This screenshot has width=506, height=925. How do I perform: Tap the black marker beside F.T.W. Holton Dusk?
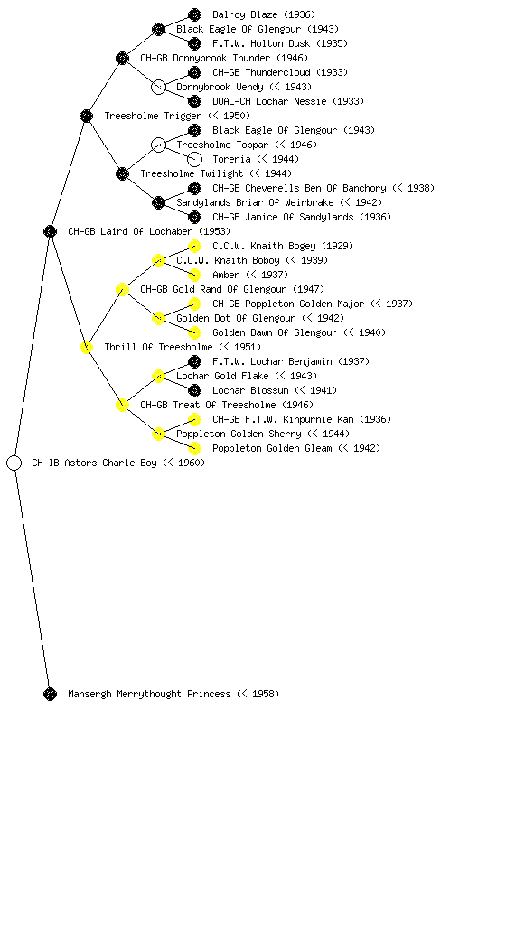(x=194, y=43)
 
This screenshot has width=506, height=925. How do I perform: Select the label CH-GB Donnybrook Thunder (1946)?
(x=224, y=58)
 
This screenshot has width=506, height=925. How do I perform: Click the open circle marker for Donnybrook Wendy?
(x=158, y=87)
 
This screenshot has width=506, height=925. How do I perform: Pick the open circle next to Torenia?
(x=194, y=159)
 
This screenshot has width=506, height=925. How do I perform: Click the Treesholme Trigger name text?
(x=153, y=116)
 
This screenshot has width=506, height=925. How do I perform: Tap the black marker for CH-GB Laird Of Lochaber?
(x=50, y=231)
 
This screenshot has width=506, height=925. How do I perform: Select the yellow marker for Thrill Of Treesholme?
(x=86, y=347)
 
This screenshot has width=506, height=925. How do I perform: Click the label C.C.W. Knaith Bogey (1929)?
(x=283, y=246)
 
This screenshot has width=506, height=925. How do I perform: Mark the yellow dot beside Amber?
(x=194, y=275)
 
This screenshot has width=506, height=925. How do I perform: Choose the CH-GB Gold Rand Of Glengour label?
(x=215, y=289)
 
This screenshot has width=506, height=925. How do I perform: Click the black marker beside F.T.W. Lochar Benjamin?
(x=194, y=361)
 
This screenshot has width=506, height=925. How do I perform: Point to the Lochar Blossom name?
(x=250, y=390)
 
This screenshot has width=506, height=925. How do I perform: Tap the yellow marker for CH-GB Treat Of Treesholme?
(x=122, y=405)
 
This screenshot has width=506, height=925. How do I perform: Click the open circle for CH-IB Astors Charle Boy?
(x=14, y=462)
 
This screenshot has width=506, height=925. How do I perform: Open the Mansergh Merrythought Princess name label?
(x=149, y=694)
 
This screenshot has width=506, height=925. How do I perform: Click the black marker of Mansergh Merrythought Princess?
(x=50, y=694)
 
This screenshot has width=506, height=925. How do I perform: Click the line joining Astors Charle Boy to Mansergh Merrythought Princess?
(x=32, y=578)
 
